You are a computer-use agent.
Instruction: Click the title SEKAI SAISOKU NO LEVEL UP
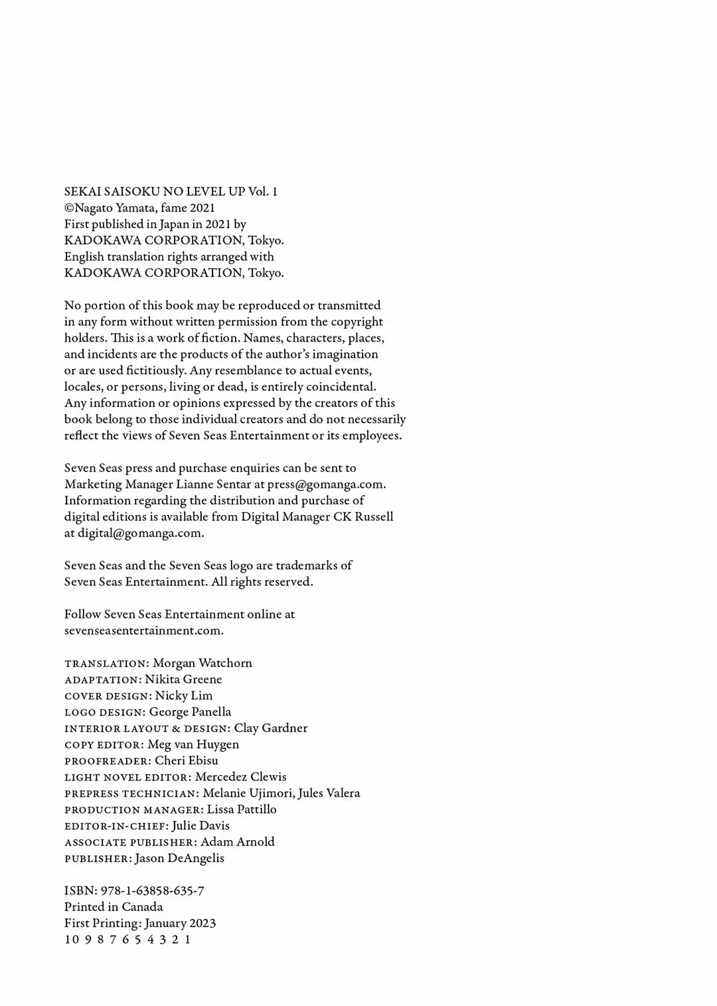pos(155,192)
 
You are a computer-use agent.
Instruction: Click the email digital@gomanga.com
pos(140,534)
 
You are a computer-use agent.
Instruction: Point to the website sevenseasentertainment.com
pos(143,631)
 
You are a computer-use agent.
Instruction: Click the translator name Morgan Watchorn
pos(202,664)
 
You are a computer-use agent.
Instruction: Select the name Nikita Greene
pos(183,680)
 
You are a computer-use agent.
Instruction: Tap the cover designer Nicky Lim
pos(184,696)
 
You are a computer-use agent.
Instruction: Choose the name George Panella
pos(190,712)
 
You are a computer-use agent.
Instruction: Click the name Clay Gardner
pos(271,729)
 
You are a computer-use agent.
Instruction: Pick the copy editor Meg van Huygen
pos(193,745)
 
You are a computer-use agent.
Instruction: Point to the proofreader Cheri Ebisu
pos(187,761)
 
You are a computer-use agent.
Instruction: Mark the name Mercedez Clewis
pos(241,777)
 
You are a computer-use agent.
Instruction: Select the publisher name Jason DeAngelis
pos(179,859)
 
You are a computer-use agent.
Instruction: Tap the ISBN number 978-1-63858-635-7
pos(152,891)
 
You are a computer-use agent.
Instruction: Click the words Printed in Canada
pos(114,907)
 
